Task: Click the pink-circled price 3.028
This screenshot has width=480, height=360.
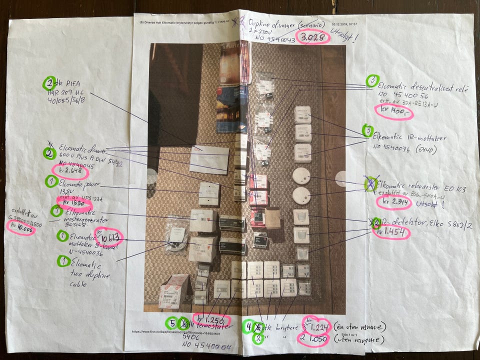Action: [312, 37]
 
